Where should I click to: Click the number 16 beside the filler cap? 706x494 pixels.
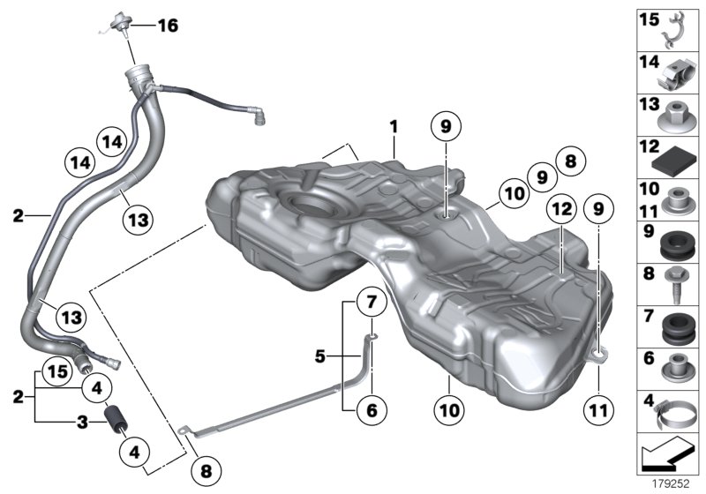click(167, 26)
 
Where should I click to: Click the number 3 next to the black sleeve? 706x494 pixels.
click(80, 422)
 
